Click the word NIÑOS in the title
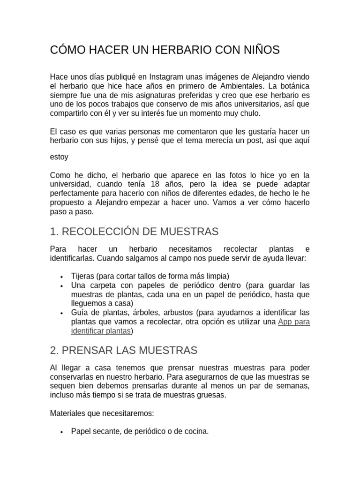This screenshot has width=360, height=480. tap(260, 50)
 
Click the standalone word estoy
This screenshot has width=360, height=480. tap(59, 157)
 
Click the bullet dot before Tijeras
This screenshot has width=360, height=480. tap(62, 276)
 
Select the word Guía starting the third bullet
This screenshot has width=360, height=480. tap(80, 312)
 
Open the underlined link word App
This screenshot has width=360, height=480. tap(285, 322)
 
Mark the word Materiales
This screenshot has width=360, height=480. tap(68, 413)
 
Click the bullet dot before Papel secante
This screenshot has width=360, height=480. tap(62, 432)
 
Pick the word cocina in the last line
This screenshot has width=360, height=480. tap(196, 431)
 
